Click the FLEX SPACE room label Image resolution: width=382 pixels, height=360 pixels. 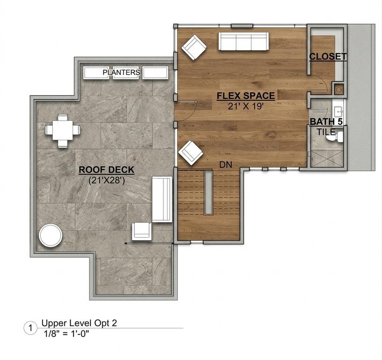click(x=246, y=96)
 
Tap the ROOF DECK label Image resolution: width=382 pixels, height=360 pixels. click(x=106, y=170)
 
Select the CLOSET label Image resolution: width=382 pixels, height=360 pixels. click(x=328, y=57)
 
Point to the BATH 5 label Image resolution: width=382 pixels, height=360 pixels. click(x=326, y=121)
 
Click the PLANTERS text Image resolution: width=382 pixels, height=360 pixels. click(x=121, y=73)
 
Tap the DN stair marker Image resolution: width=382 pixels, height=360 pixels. click(x=226, y=165)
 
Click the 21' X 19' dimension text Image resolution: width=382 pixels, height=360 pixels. click(x=246, y=106)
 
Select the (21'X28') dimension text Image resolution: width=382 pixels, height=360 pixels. click(x=107, y=180)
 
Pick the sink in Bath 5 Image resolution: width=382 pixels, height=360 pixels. click(x=338, y=112)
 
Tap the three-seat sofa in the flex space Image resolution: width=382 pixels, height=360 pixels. click(x=243, y=41)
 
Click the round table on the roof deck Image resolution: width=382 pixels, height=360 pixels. click(x=51, y=236)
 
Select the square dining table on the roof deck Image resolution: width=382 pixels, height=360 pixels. click(x=63, y=131)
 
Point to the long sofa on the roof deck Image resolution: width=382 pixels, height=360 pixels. click(x=162, y=199)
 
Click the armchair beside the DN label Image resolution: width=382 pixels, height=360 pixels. click(x=191, y=153)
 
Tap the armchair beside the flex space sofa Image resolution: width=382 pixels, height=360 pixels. click(x=194, y=47)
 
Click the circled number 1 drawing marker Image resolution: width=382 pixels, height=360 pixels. click(x=30, y=328)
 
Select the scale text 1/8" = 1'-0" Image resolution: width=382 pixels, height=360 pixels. click(x=66, y=333)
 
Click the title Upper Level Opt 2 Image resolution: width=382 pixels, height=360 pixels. click(x=79, y=323)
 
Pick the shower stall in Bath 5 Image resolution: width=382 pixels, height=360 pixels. click(x=326, y=158)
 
